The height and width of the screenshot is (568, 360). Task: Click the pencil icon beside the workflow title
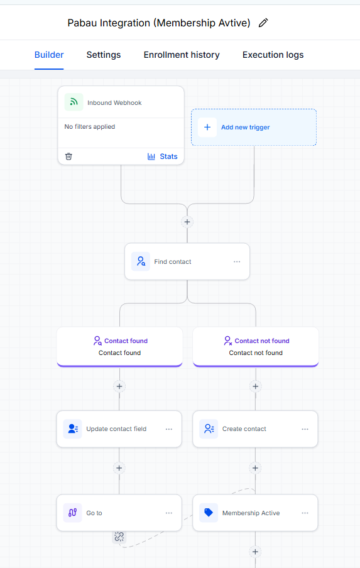point(263,23)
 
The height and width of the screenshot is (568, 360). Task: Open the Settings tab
point(104,55)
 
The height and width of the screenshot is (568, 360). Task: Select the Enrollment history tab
point(182,55)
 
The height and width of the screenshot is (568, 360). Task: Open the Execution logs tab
point(273,55)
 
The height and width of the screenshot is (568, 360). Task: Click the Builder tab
point(49,55)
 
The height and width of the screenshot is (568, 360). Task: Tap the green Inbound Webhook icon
point(74,102)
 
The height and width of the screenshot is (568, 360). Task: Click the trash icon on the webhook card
point(68,156)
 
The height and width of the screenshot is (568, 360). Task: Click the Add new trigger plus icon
point(207,127)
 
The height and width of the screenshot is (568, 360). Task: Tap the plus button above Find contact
point(187,222)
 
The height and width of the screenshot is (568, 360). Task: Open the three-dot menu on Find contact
point(237,261)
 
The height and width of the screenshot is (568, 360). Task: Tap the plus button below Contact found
point(119,386)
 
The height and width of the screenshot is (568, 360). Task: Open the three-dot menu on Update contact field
point(169,429)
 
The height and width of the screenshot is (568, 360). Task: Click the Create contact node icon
point(209,429)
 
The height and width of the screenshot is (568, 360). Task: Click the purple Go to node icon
point(72,513)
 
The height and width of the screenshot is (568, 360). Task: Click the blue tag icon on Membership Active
point(209,513)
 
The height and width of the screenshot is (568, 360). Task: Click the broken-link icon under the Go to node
point(119,537)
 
